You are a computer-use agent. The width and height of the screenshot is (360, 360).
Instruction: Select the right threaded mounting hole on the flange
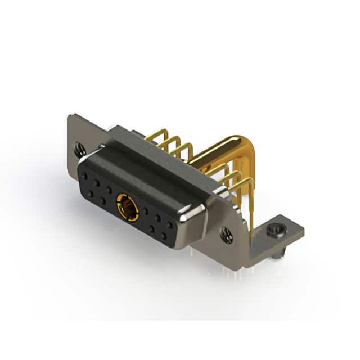coord(227,235)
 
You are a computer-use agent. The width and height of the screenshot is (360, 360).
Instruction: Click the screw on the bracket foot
coord(275,230)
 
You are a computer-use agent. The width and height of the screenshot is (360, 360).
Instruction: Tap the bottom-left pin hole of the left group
coord(90,193)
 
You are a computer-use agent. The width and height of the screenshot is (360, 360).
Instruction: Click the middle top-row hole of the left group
coord(97,183)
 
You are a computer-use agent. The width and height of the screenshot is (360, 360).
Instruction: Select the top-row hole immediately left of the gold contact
coord(109,188)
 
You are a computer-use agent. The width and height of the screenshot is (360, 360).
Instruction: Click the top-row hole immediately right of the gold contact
coord(145,210)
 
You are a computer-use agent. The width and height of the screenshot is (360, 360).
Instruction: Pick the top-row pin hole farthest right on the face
coord(169,224)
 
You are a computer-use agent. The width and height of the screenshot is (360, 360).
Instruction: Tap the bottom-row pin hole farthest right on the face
coord(164,236)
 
